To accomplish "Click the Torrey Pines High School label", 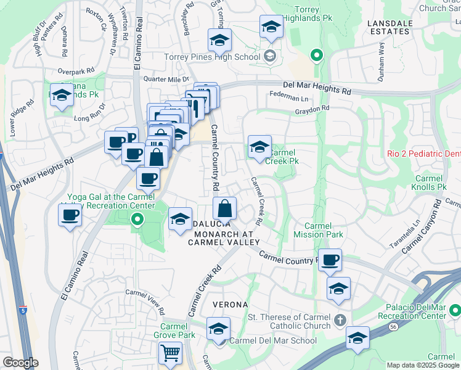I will pos(212,57).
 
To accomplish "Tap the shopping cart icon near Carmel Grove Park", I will pos(170,353).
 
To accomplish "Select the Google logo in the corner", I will pos(20,363).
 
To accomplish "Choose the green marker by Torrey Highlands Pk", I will pos(317,56).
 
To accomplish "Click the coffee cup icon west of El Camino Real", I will pos(70,216).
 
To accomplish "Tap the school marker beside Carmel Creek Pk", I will pos(259,147).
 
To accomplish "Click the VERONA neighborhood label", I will pos(230,305).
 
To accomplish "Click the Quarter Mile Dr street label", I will pos(165,79).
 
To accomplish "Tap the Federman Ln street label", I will pos(288,97).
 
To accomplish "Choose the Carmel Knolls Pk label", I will pos(430,183).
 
